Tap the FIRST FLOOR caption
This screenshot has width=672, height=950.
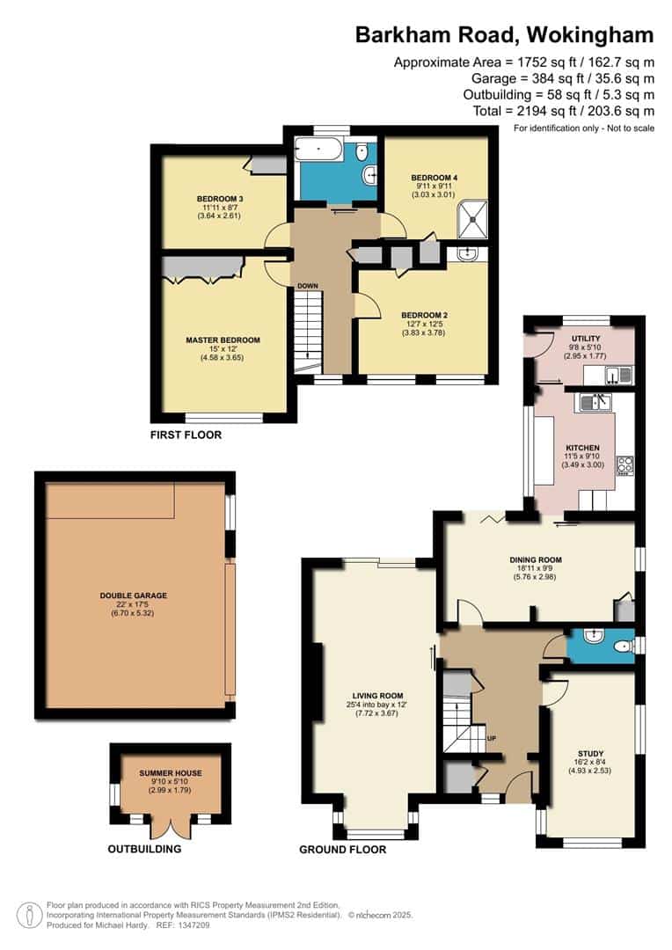(x=185, y=435)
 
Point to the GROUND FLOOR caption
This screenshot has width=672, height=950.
(x=342, y=850)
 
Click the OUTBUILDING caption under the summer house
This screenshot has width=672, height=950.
(x=144, y=850)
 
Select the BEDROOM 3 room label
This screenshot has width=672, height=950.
(x=219, y=199)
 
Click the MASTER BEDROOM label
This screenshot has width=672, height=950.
(x=223, y=340)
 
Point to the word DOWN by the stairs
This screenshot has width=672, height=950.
(x=307, y=286)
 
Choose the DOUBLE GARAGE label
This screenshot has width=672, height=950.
(x=134, y=596)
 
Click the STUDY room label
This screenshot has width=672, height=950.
(x=590, y=753)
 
